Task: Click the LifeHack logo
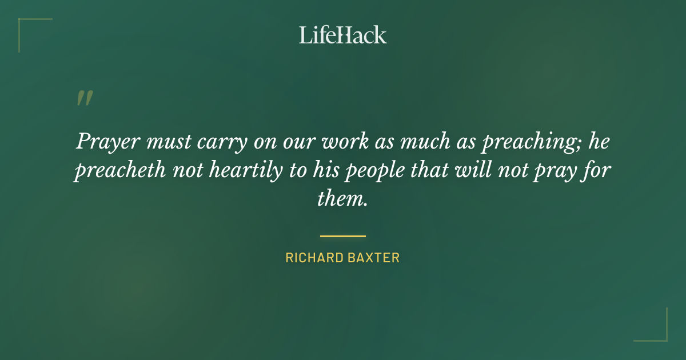pos(343,35)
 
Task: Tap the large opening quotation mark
pos(84,98)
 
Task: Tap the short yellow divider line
pos(343,235)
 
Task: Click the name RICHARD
pos(314,258)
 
